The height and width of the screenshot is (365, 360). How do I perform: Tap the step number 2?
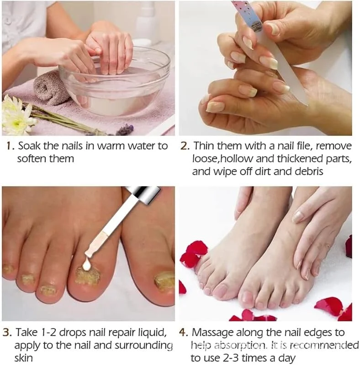(185, 146)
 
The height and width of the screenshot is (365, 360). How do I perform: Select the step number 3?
(7, 332)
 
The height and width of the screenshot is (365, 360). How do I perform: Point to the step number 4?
(184, 332)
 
